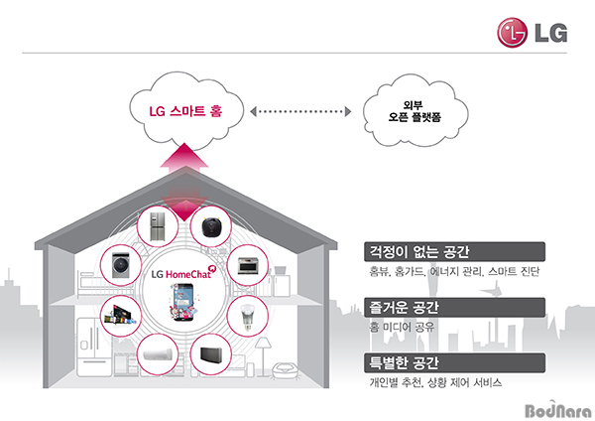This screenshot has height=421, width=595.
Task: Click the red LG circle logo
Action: pyautogui.click(x=512, y=33)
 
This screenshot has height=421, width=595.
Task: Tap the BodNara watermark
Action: pyautogui.click(x=558, y=410)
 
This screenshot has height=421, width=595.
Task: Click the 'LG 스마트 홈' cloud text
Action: pyautogui.click(x=185, y=111)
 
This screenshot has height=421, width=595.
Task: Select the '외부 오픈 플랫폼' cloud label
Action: pyautogui.click(x=414, y=111)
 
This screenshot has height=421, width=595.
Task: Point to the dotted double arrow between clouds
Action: pyautogui.click(x=300, y=112)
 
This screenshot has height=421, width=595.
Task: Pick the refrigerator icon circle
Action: pyautogui.click(x=158, y=226)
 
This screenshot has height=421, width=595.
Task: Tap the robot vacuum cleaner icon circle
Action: pyautogui.click(x=211, y=226)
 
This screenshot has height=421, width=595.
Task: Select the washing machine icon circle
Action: pyautogui.click(x=121, y=265)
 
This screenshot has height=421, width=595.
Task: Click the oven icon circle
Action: pyautogui.click(x=247, y=265)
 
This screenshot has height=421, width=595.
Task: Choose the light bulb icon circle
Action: pyautogui.click(x=247, y=316)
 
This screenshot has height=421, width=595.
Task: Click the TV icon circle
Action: pyautogui.click(x=121, y=316)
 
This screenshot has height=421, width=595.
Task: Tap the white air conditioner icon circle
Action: pyautogui.click(x=158, y=354)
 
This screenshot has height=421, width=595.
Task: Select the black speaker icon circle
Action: pyautogui.click(x=211, y=354)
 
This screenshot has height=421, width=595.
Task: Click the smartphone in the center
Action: pyautogui.click(x=184, y=302)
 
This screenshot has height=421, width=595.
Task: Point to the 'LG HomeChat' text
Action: pyautogui.click(x=181, y=274)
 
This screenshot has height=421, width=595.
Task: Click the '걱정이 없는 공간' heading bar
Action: pyautogui.click(x=454, y=251)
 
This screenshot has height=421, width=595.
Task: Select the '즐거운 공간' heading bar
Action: pyautogui.click(x=454, y=308)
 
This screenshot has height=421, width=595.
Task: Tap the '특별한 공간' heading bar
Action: pyautogui.click(x=454, y=362)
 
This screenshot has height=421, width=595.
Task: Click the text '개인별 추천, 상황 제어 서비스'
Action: pyautogui.click(x=435, y=382)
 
